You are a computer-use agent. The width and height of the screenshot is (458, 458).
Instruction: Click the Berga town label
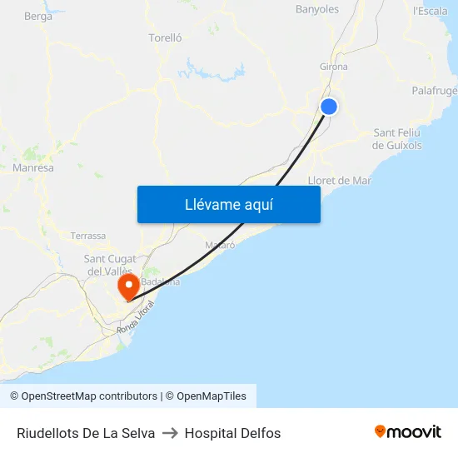pyautogui.click(x=38, y=16)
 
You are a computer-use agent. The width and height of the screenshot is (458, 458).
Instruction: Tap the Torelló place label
pyautogui.click(x=165, y=37)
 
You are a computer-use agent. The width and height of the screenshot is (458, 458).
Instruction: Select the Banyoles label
pyautogui.click(x=317, y=10)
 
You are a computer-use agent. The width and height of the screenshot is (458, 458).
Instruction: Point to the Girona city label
pyautogui.click(x=333, y=67)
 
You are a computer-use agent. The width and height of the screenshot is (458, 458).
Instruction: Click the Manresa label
pyautogui.click(x=33, y=168)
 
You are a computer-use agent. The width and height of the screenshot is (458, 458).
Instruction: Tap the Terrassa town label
pyautogui.click(x=88, y=236)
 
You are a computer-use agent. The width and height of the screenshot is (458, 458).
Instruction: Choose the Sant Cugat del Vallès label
pyautogui.click(x=109, y=265)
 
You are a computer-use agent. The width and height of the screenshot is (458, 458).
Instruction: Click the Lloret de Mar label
pyautogui.click(x=340, y=180)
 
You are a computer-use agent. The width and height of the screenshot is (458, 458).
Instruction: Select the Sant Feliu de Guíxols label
pyautogui.click(x=397, y=139)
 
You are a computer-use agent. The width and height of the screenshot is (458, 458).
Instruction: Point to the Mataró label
pyautogui.click(x=220, y=246)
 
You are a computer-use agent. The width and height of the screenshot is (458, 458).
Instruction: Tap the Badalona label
pyautogui.click(x=161, y=281)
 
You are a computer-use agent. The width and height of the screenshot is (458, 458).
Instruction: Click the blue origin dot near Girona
pyautogui.click(x=329, y=107)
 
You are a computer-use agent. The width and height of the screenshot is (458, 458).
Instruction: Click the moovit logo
pyautogui.click(x=407, y=432)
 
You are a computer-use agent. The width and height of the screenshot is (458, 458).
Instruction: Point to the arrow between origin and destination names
pyautogui.click(x=170, y=433)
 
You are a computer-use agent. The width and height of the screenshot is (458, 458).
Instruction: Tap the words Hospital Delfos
pyautogui.click(x=232, y=433)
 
